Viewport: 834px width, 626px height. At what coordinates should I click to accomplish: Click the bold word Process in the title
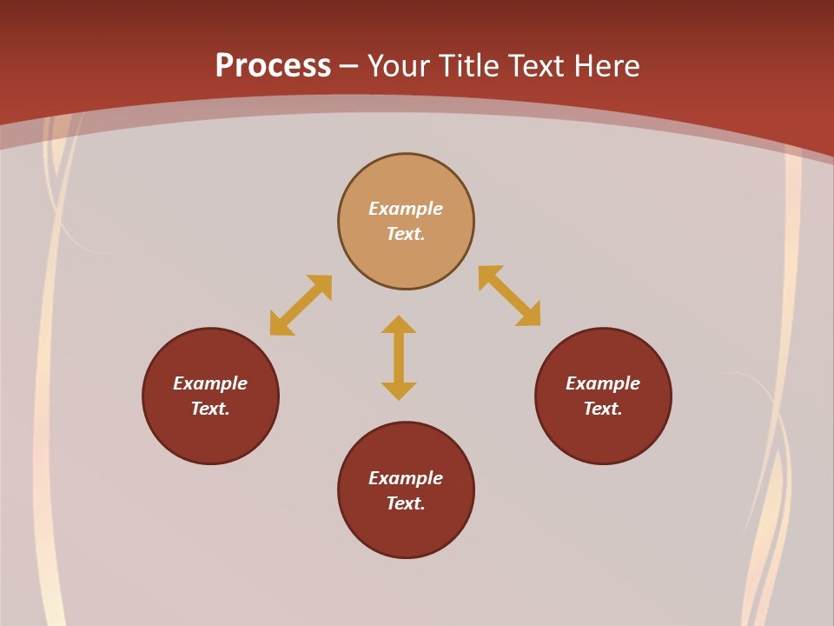[273, 66]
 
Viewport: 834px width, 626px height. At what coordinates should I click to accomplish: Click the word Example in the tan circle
[406, 209]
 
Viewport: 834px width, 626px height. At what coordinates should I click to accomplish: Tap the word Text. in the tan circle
[406, 234]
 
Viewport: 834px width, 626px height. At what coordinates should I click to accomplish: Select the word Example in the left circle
[210, 383]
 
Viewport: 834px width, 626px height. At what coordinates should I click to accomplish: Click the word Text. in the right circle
[603, 409]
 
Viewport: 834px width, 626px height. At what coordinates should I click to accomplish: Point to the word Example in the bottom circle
[406, 478]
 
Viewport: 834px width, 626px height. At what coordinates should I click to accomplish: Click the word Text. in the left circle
[210, 409]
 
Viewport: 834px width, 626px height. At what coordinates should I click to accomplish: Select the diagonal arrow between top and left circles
[301, 305]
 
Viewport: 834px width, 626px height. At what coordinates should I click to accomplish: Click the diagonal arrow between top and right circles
[509, 296]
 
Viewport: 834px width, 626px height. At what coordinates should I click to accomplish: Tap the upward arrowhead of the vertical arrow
[399, 324]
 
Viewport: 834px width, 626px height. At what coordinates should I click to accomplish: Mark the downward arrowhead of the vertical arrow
[399, 390]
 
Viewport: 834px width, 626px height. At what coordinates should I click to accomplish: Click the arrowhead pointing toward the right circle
[529, 315]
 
